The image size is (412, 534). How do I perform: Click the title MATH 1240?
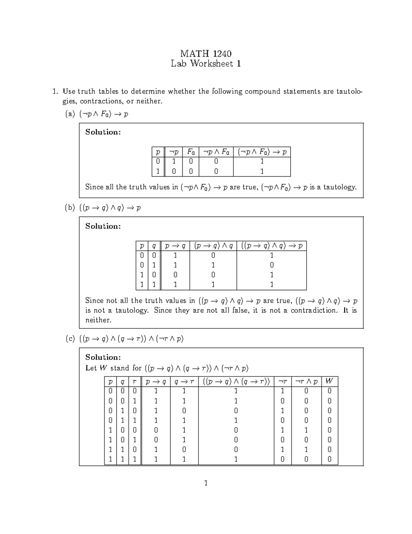(206, 54)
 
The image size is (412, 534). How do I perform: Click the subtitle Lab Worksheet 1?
(206, 64)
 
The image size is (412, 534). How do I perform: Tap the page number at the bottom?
(206, 483)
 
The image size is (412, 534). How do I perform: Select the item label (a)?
(70, 114)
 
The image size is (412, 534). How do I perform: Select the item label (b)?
(70, 208)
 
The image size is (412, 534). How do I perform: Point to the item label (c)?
(70, 339)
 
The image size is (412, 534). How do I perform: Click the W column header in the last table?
(329, 381)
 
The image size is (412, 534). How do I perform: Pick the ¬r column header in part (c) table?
(282, 381)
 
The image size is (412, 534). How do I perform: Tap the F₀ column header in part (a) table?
(191, 152)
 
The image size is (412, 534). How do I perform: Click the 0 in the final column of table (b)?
(272, 265)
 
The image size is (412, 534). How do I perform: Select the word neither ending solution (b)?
(98, 320)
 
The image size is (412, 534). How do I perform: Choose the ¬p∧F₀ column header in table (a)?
(216, 152)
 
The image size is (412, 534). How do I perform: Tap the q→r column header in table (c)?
(184, 381)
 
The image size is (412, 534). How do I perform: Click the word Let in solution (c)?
(91, 368)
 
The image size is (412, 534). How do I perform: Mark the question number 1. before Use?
(54, 91)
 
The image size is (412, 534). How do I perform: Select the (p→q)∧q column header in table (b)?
(213, 246)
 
